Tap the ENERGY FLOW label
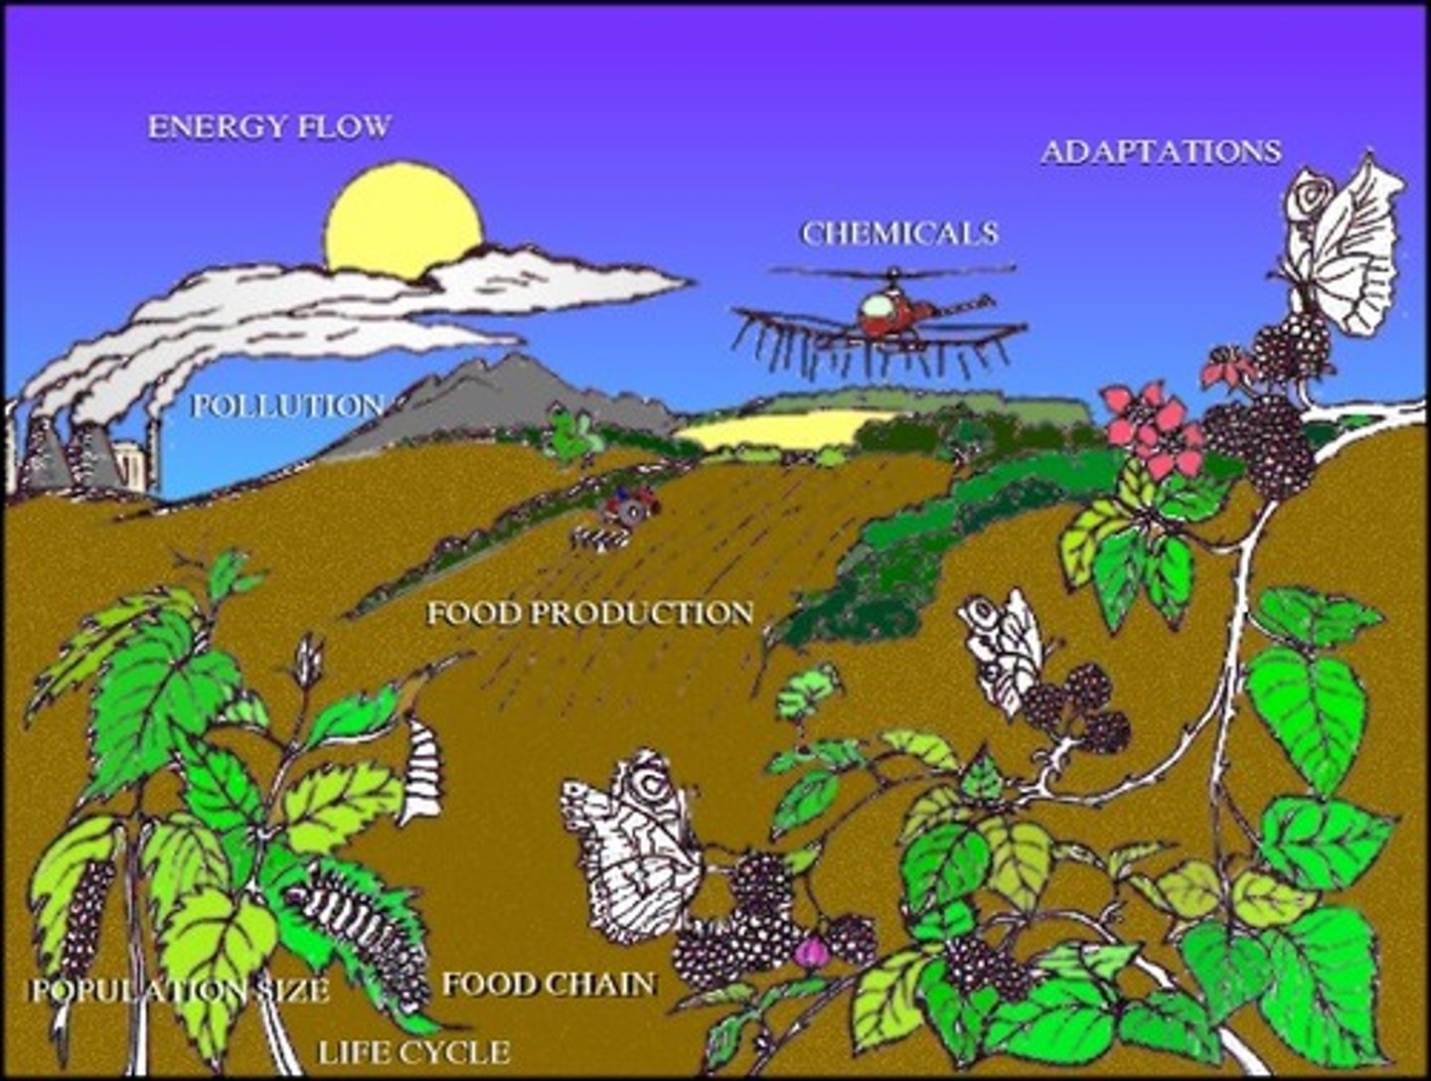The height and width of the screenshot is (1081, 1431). (269, 127)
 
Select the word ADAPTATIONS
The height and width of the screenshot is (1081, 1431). (1161, 152)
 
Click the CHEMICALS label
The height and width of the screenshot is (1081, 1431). (899, 233)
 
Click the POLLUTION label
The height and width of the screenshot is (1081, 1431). (287, 405)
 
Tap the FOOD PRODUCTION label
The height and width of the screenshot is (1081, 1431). (590, 613)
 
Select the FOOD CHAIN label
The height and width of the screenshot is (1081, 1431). (549, 985)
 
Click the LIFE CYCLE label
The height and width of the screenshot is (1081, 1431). (414, 1052)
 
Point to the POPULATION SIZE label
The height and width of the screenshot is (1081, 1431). (179, 991)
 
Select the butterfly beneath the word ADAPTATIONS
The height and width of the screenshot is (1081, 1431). (1342, 248)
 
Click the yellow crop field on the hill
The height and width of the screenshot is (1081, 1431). (775, 428)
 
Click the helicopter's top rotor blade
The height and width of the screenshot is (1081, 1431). (893, 269)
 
